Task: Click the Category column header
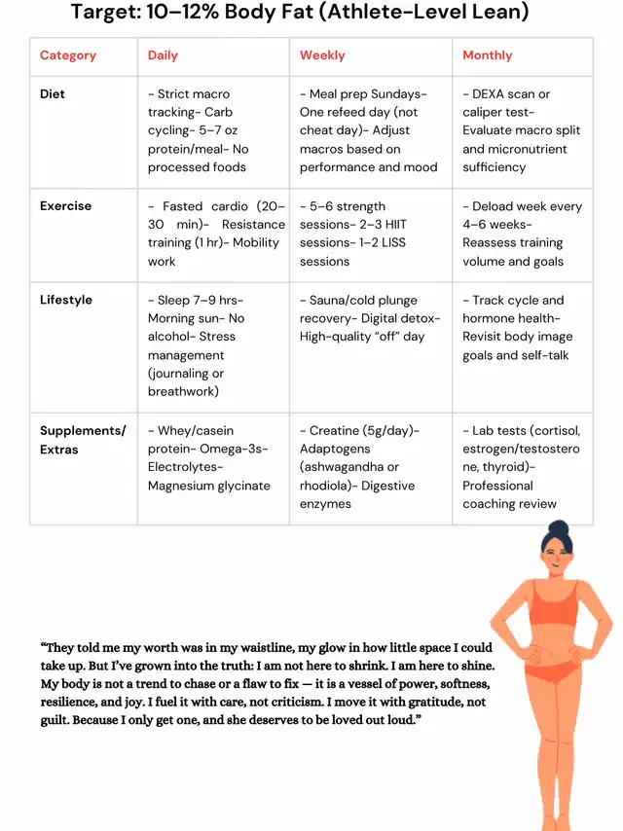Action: click(68, 55)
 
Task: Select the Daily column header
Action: click(163, 55)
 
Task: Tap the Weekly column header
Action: click(322, 55)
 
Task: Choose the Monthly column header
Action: click(488, 55)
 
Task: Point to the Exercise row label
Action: click(65, 206)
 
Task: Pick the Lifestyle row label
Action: click(66, 300)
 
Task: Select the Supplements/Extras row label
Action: click(82, 440)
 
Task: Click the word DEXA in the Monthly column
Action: click(492, 94)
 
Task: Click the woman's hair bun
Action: click(558, 530)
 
